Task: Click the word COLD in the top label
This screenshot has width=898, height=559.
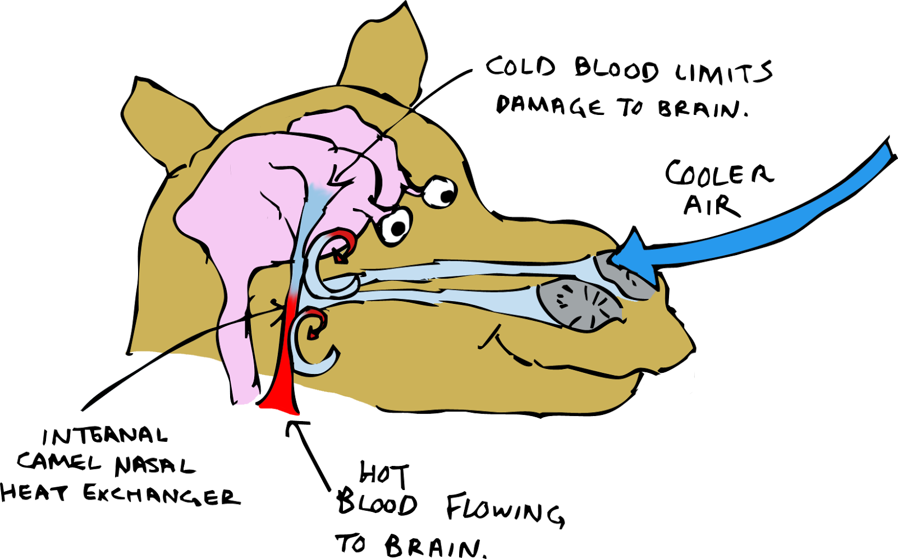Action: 520,67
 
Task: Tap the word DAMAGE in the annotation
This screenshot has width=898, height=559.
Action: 549,105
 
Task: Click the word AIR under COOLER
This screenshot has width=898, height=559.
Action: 711,206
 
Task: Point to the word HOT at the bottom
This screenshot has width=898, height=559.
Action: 384,474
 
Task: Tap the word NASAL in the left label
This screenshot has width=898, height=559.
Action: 154,465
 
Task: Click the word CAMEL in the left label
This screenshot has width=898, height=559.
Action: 59,462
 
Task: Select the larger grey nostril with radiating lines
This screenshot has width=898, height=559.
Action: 578,306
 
